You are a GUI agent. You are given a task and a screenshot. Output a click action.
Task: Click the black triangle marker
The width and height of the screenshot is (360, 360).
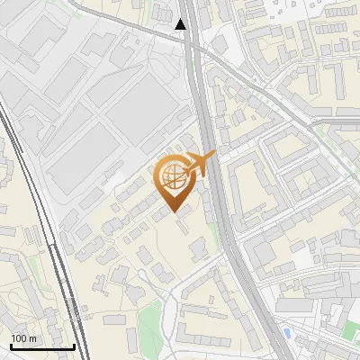[x=182, y=24]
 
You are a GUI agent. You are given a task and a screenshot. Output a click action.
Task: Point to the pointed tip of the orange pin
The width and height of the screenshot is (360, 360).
[x=173, y=212]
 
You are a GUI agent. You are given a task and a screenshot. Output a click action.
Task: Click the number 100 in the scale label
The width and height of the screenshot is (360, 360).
[x=19, y=338]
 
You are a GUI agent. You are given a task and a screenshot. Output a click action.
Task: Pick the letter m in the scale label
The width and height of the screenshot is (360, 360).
[x=32, y=338]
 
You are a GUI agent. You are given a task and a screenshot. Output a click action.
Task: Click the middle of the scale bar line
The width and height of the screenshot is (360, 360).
[x=42, y=346]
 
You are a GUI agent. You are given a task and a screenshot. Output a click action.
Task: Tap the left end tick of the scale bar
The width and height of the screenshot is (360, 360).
[x=12, y=345]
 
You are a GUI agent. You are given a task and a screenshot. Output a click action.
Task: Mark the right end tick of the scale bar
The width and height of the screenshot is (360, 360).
[x=73, y=345]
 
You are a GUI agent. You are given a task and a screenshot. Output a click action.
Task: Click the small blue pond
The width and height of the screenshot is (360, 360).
[x=286, y=333]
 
